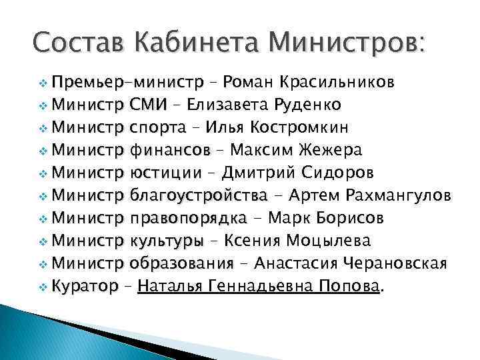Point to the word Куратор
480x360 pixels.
85,287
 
